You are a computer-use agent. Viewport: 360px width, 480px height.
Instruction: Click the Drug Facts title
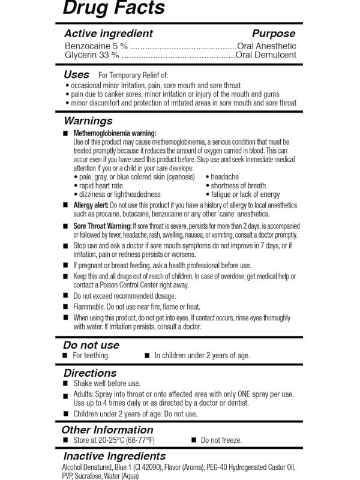[x=113, y=8]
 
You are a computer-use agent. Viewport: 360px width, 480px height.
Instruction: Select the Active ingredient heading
[x=108, y=34]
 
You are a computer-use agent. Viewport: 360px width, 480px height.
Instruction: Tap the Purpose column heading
[x=273, y=34]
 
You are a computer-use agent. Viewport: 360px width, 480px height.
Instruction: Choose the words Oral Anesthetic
[x=267, y=46]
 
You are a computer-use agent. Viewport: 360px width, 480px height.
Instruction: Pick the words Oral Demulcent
[x=266, y=55]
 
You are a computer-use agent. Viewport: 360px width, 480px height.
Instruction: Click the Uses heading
[x=76, y=75]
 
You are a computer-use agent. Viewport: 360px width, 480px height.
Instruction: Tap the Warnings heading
[x=88, y=121]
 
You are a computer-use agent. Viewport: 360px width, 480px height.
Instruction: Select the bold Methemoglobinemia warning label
[x=115, y=133]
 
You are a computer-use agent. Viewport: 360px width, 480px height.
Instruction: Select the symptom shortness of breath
[x=238, y=186]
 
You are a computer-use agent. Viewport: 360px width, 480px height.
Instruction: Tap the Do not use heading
[x=91, y=345]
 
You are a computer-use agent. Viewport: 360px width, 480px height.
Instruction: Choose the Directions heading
[x=90, y=373]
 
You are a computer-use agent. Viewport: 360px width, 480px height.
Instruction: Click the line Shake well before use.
[x=107, y=383]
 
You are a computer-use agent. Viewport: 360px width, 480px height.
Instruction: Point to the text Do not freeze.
[x=221, y=440]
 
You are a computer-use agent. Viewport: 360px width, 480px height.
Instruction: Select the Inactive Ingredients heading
[x=115, y=457]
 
